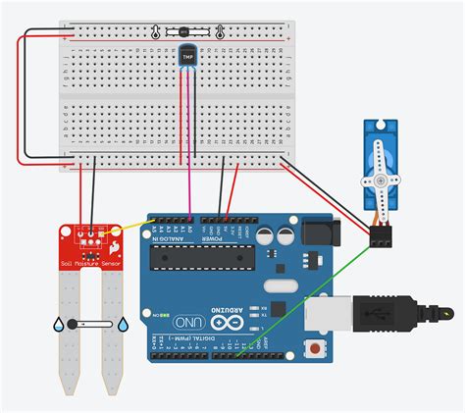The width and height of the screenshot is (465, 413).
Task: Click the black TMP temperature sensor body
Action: click(x=186, y=57)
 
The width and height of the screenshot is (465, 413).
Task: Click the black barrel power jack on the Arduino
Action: click(x=318, y=233)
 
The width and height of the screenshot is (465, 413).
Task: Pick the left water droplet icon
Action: click(x=60, y=323)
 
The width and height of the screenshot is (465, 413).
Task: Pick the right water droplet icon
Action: click(x=123, y=323)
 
